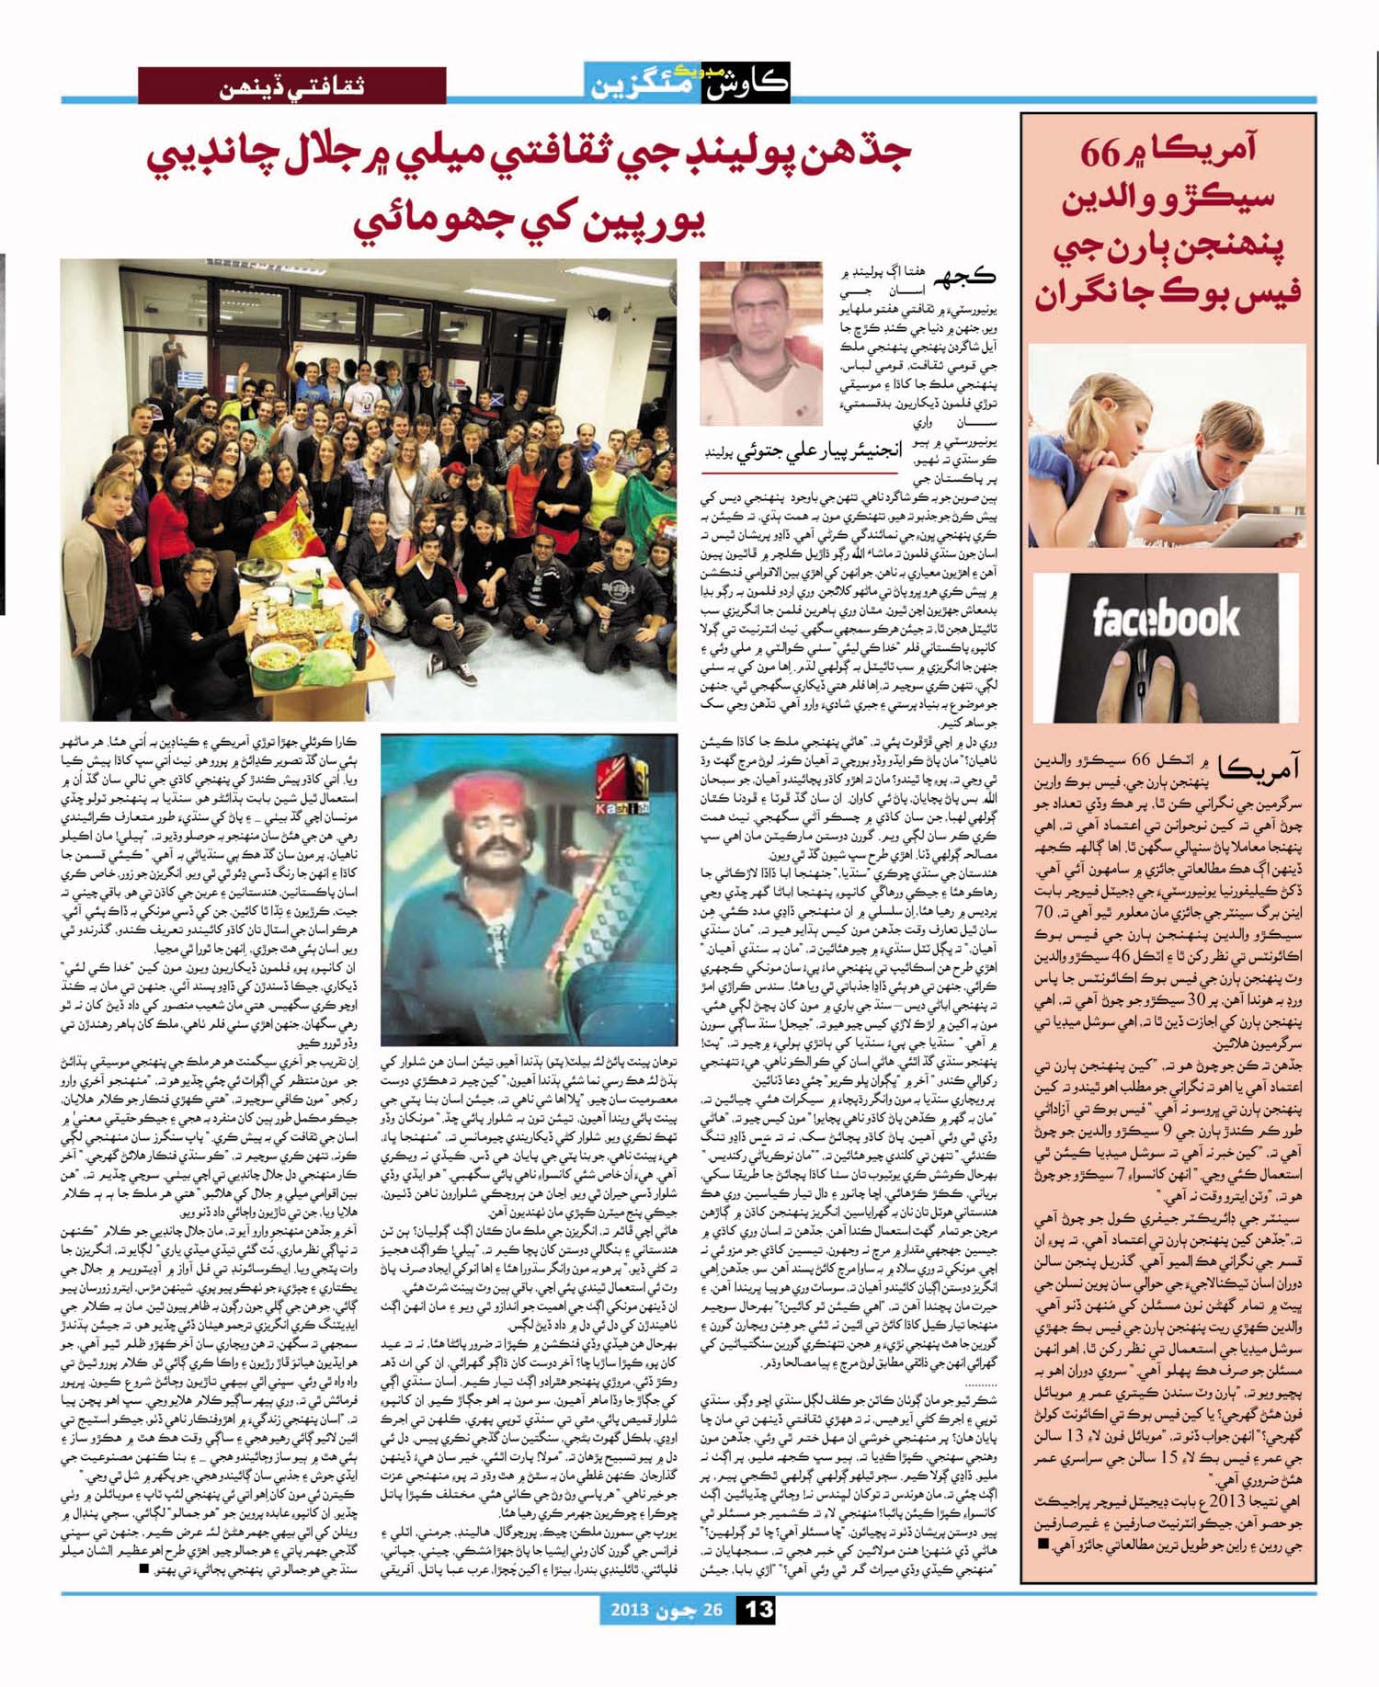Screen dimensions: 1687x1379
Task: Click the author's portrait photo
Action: click(x=747, y=342)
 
